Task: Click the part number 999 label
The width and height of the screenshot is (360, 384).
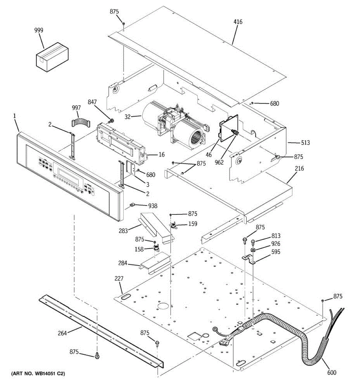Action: [39, 30]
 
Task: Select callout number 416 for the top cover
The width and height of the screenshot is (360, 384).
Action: [238, 22]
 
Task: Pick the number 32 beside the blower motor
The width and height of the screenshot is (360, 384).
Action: [128, 117]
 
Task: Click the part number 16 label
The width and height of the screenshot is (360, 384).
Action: [162, 155]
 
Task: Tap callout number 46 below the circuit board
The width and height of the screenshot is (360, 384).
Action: [209, 155]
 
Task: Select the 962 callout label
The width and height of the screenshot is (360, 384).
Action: [220, 163]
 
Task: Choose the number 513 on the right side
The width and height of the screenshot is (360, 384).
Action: [305, 143]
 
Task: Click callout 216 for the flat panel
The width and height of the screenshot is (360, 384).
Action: [299, 169]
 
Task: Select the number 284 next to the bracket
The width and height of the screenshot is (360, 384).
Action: [123, 263]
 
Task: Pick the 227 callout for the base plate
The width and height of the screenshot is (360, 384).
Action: [119, 279]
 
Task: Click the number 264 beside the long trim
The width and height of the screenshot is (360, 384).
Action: [62, 333]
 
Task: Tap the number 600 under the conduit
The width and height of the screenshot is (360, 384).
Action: [332, 372]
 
